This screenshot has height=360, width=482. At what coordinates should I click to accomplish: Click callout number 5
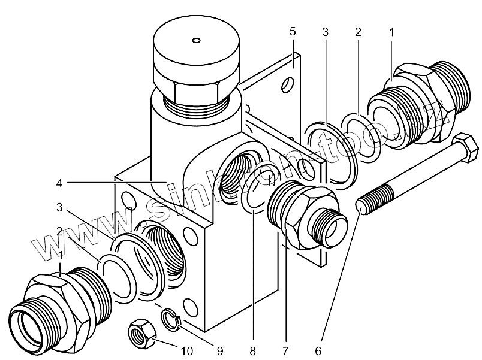(x=293, y=31)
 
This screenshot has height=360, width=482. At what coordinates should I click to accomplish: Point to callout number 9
(x=219, y=349)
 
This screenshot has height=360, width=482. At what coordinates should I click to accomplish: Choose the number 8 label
(x=253, y=349)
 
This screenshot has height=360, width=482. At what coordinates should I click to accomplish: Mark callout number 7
(x=285, y=349)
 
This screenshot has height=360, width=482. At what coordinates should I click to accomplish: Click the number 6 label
(x=318, y=349)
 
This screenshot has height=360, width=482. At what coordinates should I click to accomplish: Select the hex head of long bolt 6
(x=463, y=149)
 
